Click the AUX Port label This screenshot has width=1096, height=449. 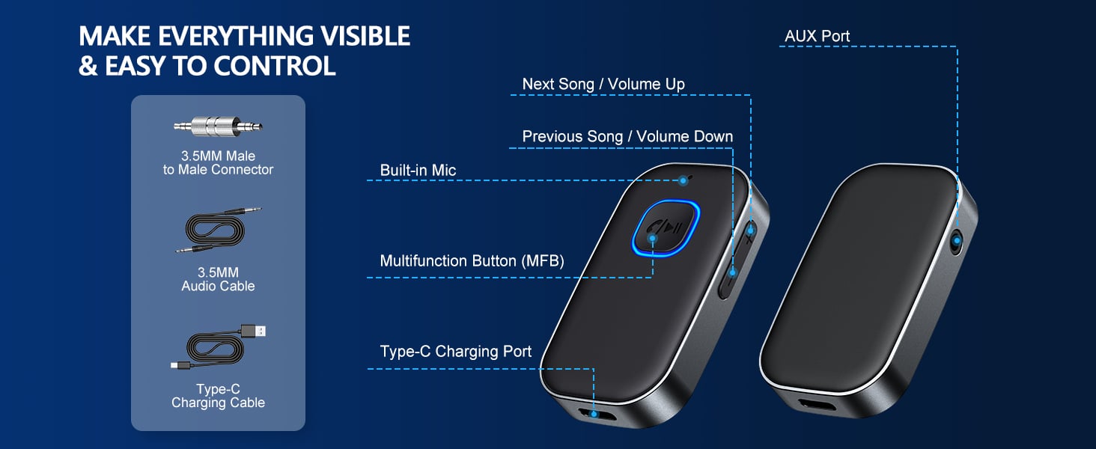[x=817, y=36]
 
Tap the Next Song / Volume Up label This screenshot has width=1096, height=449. [x=603, y=84]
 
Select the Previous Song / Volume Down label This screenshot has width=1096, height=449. [x=627, y=136]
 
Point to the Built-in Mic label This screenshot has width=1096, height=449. [x=418, y=171]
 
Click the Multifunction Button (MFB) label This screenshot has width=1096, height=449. [x=472, y=261]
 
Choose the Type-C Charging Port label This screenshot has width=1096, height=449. [x=455, y=352]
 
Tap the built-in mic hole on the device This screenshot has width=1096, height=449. [x=683, y=180]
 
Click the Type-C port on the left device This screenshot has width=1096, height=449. [x=594, y=412]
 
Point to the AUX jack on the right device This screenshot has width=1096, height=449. [x=956, y=241]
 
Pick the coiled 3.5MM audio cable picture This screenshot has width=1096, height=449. [x=218, y=233]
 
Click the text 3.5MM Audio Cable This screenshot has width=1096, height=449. [x=218, y=279]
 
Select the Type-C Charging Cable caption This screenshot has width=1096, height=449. [x=218, y=396]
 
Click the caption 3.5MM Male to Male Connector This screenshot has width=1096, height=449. [x=218, y=162]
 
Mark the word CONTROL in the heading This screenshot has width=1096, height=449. [x=274, y=66]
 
